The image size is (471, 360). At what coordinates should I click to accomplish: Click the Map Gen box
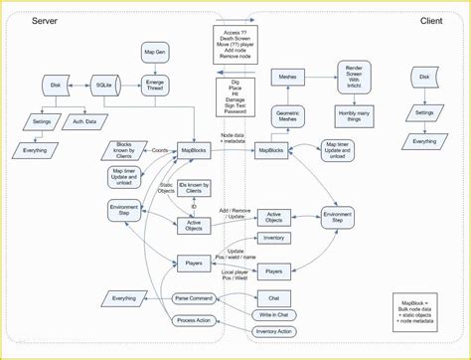154,53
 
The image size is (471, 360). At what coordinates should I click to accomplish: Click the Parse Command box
195,298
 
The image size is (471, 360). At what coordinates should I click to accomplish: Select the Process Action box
195,322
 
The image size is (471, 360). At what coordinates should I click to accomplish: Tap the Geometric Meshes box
289,114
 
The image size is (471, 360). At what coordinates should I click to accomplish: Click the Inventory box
274,238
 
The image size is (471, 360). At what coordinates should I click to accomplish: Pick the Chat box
274,297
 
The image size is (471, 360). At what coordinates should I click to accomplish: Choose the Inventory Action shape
274,331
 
